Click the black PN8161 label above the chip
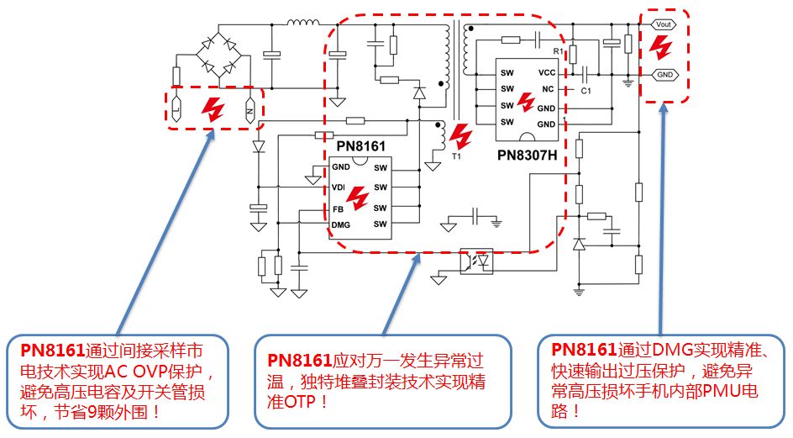tap(360, 147)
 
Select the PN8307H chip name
tap(527, 155)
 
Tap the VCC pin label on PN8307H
tap(546, 73)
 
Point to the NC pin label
tap(548, 89)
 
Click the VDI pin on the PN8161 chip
tap(339, 187)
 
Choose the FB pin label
tap(338, 208)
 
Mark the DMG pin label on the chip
tap(340, 224)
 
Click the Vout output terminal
tap(663, 24)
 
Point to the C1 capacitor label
tap(586, 90)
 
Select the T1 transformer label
tap(457, 156)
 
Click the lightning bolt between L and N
tap(213, 108)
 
